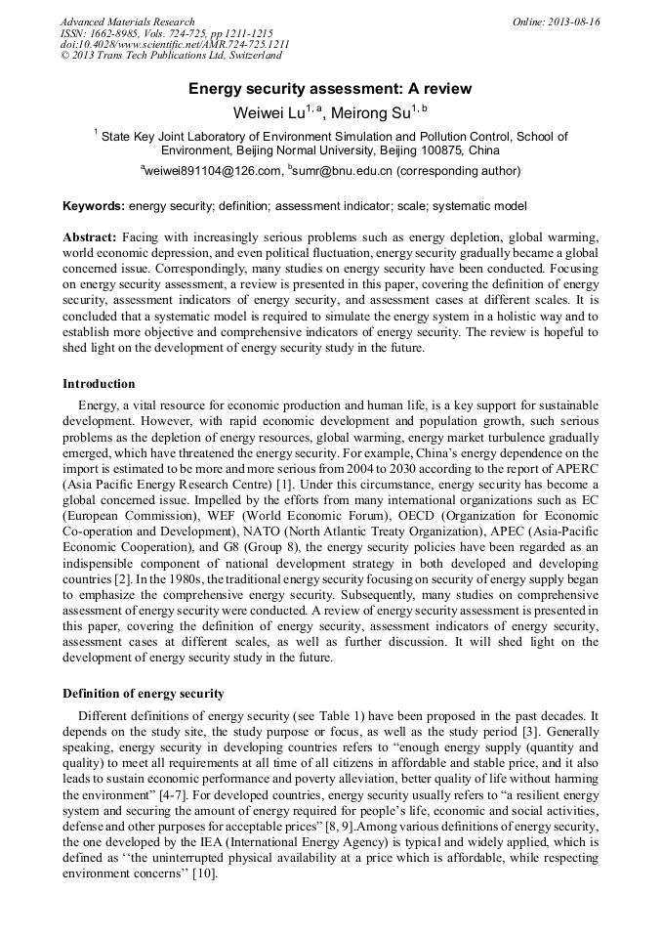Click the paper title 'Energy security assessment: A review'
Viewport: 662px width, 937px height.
[x=330, y=89]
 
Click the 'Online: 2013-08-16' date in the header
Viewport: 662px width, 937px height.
[x=556, y=21]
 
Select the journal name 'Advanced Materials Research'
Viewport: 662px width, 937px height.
[x=127, y=21]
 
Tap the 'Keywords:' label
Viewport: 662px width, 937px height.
[x=94, y=206]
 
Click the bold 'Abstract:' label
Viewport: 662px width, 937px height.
[x=90, y=237]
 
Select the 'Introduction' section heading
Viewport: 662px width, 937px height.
[x=99, y=384]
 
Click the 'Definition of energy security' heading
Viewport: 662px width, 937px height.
[x=143, y=694]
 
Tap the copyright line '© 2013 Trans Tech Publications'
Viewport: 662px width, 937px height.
[x=156, y=57]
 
